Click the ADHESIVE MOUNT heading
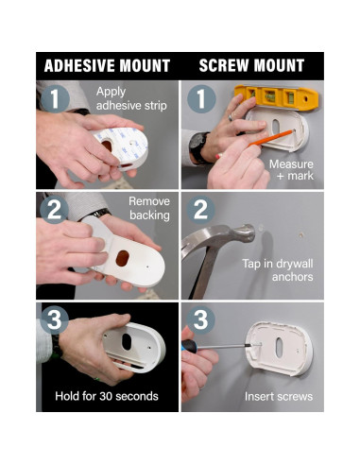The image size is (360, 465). tap(107, 65)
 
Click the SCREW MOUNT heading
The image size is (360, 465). tap(251, 65)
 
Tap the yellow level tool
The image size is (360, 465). tap(276, 97)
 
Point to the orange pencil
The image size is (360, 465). tap(256, 144)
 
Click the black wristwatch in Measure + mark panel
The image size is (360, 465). tap(198, 147)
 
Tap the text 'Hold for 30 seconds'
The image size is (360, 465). tap(107, 396)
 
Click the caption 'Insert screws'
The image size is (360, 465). tap(279, 396)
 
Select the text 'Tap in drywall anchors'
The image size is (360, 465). tap(278, 270)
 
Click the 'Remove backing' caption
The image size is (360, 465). tap(149, 208)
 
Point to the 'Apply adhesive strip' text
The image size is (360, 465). tap(131, 98)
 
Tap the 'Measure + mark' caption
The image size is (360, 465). tap(292, 170)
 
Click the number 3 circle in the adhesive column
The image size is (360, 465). tap(55, 319)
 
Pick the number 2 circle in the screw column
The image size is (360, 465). tap(201, 210)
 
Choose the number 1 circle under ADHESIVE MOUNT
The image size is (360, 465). tap(55, 99)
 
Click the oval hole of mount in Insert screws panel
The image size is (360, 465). tap(279, 348)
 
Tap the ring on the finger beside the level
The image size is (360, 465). tap(231, 117)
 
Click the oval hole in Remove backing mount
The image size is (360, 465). tap(122, 258)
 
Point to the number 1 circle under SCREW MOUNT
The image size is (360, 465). tap(201, 99)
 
